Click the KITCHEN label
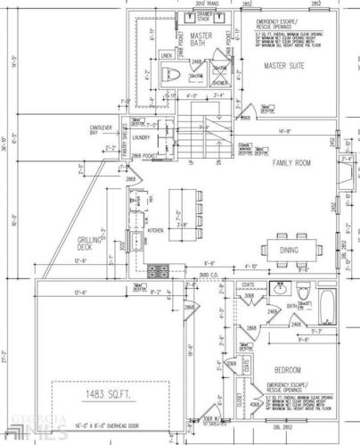[156, 230]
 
